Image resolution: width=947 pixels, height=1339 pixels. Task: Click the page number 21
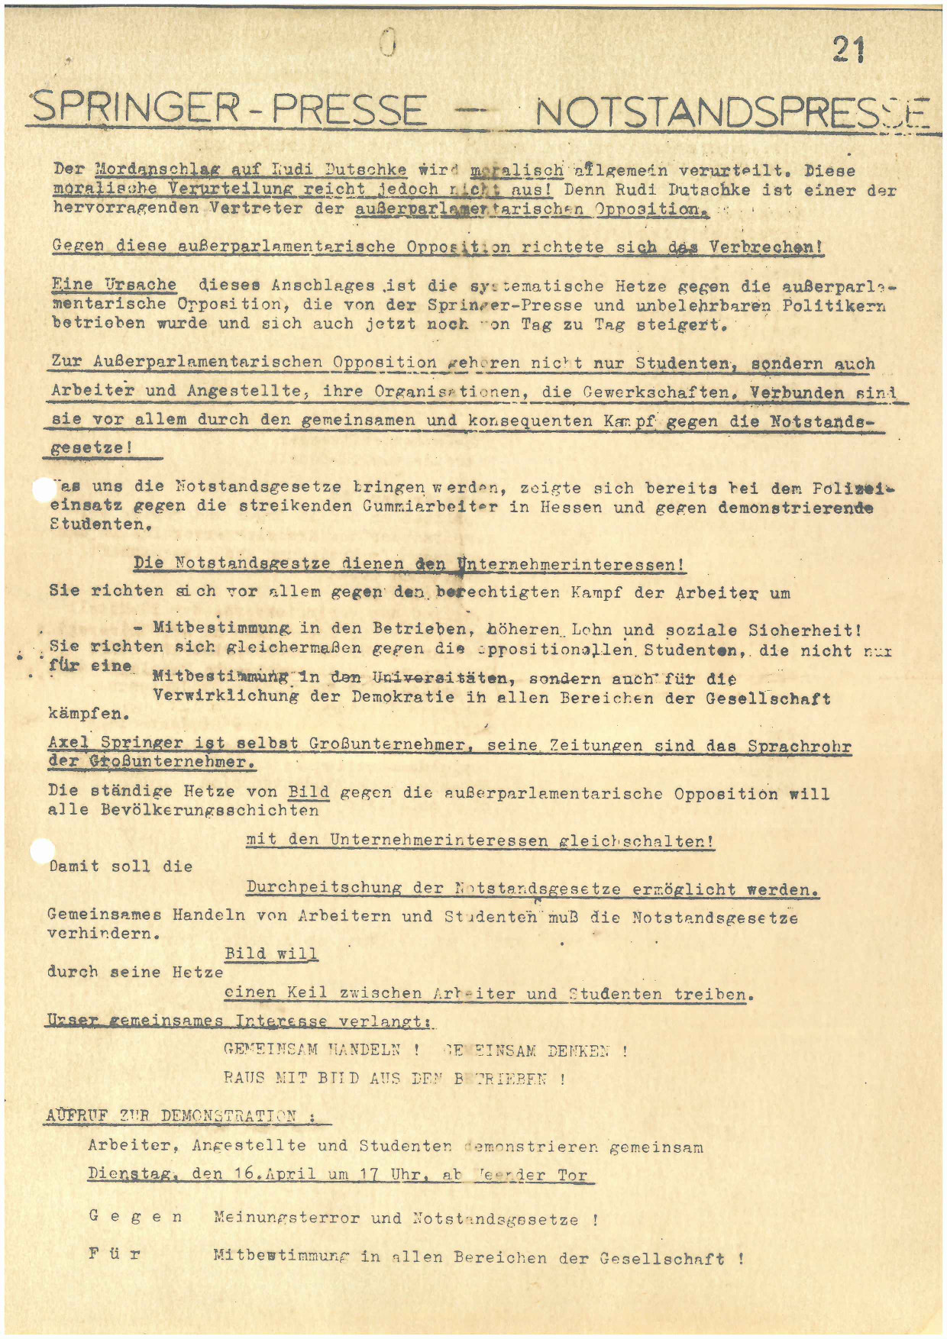pyautogui.click(x=848, y=50)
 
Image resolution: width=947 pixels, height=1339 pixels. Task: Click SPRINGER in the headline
pyautogui.click(x=134, y=110)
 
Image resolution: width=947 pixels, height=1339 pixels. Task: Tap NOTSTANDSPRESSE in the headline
pyautogui.click(x=732, y=114)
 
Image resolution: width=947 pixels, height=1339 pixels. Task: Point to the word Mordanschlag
pyautogui.click(x=156, y=169)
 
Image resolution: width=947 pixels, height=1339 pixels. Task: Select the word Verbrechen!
pyautogui.click(x=766, y=247)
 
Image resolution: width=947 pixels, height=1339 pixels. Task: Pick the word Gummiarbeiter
pyautogui.click(x=431, y=506)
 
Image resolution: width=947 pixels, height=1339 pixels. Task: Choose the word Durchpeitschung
pyautogui.click(x=324, y=888)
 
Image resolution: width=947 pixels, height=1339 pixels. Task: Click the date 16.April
pyautogui.click(x=274, y=1173)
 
